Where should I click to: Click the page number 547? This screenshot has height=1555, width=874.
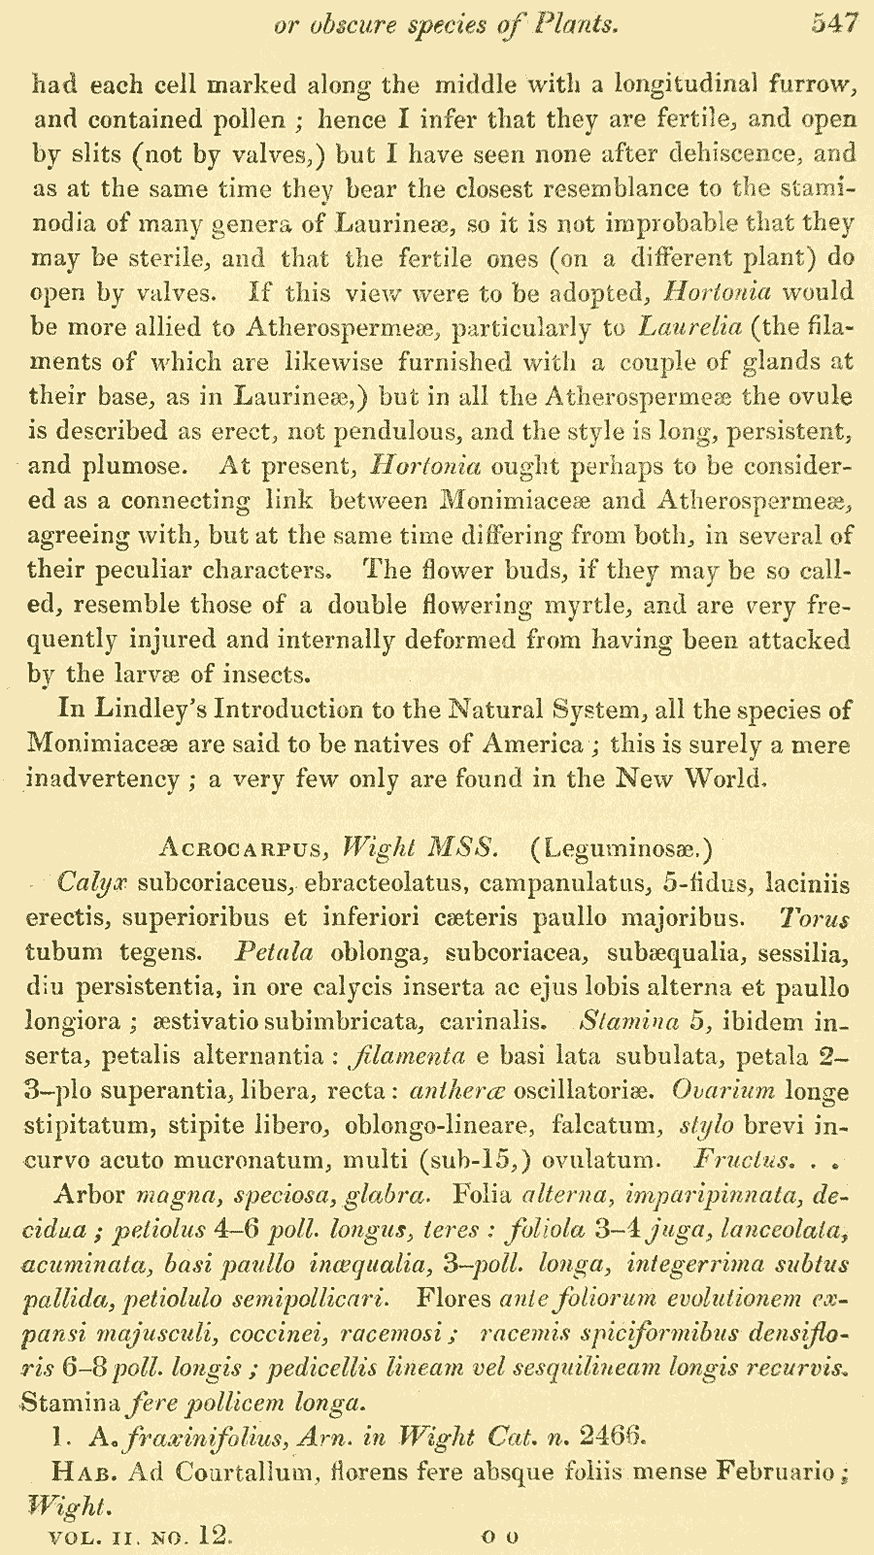click(834, 24)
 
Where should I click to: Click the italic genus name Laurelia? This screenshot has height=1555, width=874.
click(689, 327)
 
